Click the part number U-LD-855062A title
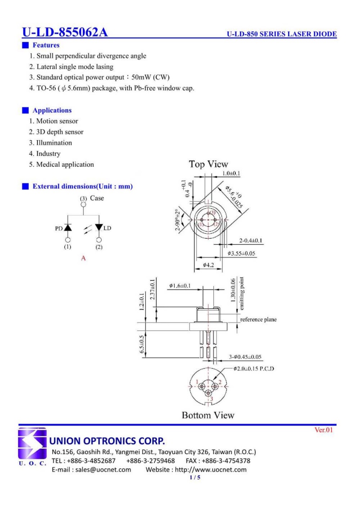[x=65, y=32]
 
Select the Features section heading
[x=45, y=45]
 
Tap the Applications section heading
[x=52, y=110]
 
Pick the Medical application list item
[x=62, y=165]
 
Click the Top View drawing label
[x=208, y=164]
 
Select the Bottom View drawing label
[x=208, y=415]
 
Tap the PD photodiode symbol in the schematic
[x=68, y=228]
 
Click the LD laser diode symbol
[x=99, y=228]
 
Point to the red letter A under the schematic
[x=83, y=258]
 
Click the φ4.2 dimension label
[x=208, y=265]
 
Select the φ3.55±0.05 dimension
[x=241, y=254]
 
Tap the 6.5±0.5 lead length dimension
[x=143, y=344]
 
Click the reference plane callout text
[x=258, y=320]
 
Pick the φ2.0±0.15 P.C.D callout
[x=254, y=369]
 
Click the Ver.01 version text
[x=324, y=430]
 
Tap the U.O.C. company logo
[x=32, y=447]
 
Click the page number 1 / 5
[x=195, y=477]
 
